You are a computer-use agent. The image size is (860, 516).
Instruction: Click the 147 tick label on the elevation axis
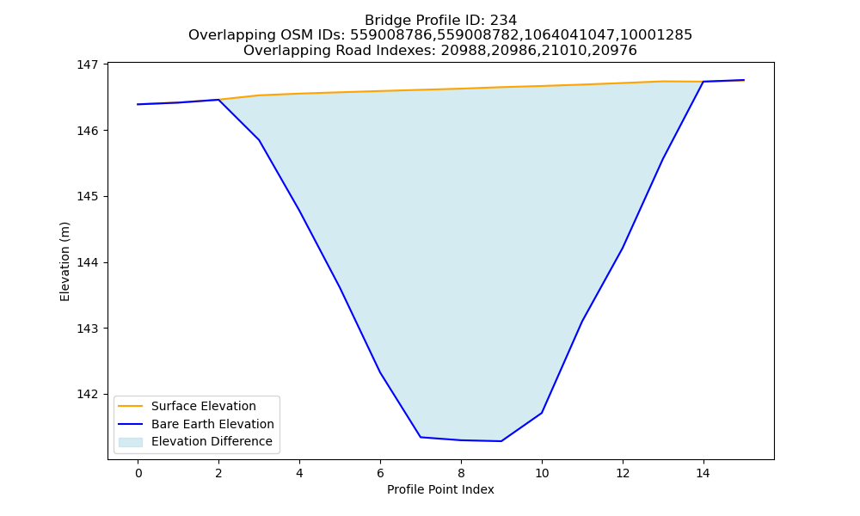click(x=87, y=64)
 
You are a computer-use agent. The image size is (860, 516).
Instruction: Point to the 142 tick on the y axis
click(x=87, y=394)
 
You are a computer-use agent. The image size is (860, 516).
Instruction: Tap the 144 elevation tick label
click(x=87, y=262)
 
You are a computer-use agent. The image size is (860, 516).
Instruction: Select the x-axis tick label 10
click(x=542, y=473)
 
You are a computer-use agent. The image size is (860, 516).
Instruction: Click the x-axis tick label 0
click(x=138, y=473)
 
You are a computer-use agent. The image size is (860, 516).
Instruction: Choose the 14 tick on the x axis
click(x=703, y=473)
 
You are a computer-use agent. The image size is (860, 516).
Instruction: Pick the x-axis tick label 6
click(x=380, y=473)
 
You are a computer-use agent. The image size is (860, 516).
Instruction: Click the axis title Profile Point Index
click(x=440, y=489)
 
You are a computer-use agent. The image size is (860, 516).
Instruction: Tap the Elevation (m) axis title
click(x=64, y=261)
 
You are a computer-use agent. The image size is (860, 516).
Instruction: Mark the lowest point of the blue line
click(x=501, y=441)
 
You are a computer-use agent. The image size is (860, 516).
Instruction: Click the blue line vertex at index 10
click(x=542, y=413)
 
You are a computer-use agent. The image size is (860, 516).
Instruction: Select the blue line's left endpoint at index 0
click(x=138, y=104)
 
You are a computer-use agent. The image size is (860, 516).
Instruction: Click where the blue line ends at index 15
click(x=744, y=80)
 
